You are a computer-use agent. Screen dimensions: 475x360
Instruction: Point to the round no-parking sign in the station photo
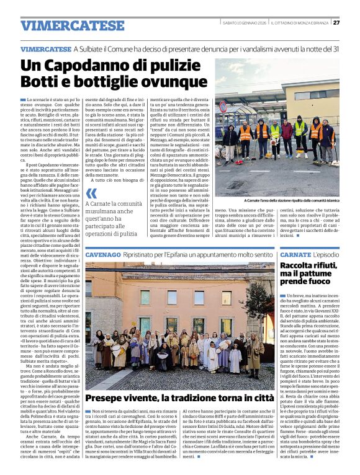[x=223, y=107]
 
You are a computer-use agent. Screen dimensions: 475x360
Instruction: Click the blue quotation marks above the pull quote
[x=91, y=193]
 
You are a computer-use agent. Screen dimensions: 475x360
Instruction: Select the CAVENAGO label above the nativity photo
[x=104, y=255]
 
